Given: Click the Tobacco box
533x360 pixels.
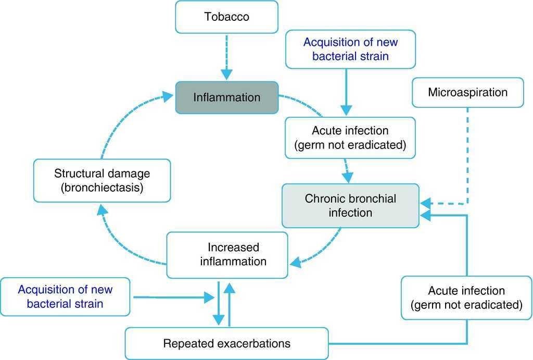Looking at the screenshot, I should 226,17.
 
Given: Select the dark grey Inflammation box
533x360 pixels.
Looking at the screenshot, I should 226,97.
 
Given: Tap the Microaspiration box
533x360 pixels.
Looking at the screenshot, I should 467,93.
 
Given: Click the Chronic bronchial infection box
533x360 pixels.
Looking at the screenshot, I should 350,205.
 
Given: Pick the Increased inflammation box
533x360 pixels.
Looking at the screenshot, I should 227,254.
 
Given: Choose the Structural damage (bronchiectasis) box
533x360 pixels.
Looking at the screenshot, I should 101,180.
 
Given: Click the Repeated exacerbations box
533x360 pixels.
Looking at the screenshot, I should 227,344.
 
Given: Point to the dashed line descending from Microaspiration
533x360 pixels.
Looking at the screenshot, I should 467,156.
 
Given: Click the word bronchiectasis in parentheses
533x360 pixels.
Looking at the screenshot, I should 101,188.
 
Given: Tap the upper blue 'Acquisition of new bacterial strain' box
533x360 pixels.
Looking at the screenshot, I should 350,49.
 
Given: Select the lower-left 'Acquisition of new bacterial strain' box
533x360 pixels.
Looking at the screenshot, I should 65,296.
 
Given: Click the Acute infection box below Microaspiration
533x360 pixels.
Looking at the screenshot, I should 466,297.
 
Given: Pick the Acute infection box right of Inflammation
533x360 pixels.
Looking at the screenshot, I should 350,138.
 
